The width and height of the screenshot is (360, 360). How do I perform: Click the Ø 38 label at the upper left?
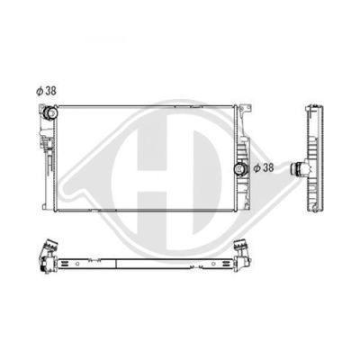[46, 91]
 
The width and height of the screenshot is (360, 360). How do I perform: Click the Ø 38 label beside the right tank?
[264, 168]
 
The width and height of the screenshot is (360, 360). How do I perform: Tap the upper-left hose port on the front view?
[50, 112]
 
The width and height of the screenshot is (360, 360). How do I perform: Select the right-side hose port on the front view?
[240, 169]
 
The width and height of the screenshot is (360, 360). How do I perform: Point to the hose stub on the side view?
[298, 168]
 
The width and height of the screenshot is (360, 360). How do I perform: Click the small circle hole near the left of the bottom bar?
[77, 264]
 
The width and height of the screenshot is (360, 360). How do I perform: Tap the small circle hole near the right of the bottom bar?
[213, 264]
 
